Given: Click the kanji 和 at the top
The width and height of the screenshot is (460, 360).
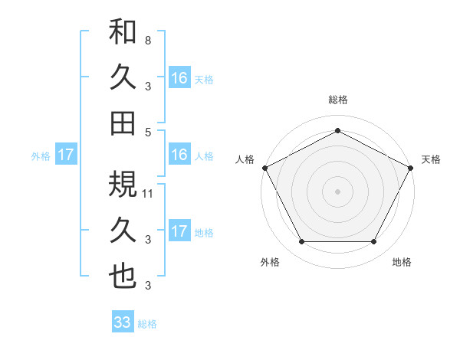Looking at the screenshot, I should coord(123,33).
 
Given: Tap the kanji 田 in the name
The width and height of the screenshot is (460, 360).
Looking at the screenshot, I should coord(123,122).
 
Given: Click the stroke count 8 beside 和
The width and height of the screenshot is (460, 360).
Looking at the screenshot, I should coord(147,39).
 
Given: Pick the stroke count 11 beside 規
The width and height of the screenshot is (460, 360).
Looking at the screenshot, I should coord(149,193).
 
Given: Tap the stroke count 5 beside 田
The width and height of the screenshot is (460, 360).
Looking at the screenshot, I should coord(147,131).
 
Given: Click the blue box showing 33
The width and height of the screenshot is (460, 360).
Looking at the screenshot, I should coord(123,322).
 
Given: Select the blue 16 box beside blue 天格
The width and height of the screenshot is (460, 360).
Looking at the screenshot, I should coord(179,77).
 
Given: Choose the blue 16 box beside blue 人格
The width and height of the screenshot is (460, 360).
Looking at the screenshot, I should coord(179,155).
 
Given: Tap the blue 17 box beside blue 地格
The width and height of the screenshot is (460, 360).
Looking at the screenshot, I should coord(179,231).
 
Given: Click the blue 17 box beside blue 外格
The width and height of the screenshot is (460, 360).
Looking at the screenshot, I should coord(66,155).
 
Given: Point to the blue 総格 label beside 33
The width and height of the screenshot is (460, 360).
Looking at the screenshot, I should coord(147,324).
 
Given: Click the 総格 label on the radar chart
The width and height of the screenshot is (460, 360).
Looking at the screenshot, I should coord(337,100).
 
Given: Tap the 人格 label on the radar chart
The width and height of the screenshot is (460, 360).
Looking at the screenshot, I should coord(245,159).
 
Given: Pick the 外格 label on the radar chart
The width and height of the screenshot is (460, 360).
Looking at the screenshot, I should coord(270,262).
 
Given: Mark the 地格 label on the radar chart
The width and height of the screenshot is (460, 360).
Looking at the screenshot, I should coord(402,262).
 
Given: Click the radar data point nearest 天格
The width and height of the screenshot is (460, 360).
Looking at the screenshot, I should coord(412,168).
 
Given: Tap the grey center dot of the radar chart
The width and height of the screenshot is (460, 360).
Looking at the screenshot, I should coord(337,191).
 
